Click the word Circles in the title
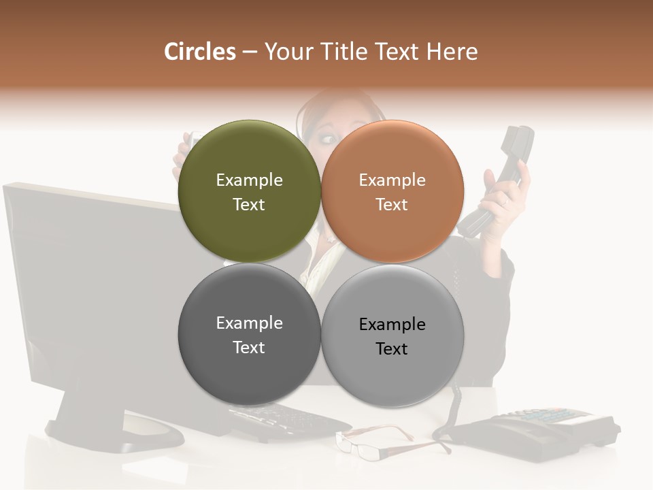tap(200, 52)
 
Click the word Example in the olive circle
tap(249, 180)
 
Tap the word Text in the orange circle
tap(392, 204)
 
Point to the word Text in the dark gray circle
tap(249, 347)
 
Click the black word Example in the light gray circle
tap(392, 324)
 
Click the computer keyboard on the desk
tap(286, 419)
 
